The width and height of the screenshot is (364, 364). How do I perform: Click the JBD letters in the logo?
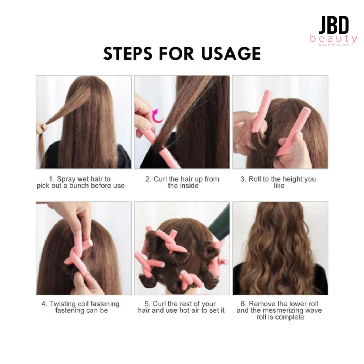333,25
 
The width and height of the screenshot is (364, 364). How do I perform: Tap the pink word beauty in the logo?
333,39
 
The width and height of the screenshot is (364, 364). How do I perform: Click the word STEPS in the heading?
128,53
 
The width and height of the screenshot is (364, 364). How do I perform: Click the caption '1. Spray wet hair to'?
80,179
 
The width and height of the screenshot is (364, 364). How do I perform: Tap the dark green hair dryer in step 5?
219,223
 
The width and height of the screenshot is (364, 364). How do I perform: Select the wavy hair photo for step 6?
280,248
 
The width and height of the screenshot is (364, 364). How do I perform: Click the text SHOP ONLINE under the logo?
333,44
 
